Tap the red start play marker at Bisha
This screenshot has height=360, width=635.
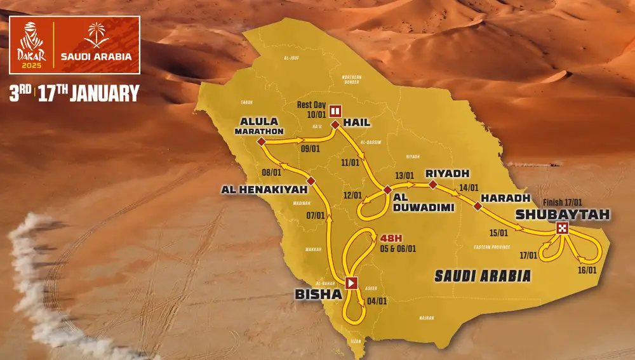pos(351,283)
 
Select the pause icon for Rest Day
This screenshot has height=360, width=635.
pos(335,110)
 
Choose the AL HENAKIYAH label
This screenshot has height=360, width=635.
pos(261,189)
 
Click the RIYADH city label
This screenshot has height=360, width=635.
pos(447,173)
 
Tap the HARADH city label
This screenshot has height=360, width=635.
pos(501,198)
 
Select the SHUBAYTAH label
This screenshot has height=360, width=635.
pos(563,214)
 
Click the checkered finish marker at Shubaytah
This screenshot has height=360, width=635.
pos(562,229)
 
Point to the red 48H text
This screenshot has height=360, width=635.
pos(392,238)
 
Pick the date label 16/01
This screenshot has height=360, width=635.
pos(587,270)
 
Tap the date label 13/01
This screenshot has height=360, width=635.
pos(404,176)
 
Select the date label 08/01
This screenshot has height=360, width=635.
pos(271,171)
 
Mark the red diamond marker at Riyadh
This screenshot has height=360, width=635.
pos(432,185)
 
